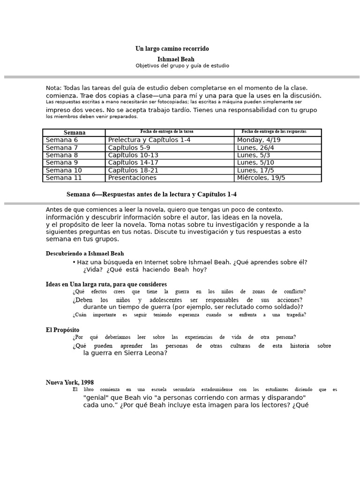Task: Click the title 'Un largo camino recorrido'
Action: [172, 49]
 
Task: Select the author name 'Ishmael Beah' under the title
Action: [176, 60]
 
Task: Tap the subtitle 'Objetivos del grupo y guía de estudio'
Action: [182, 66]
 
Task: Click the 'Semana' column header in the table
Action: [74, 133]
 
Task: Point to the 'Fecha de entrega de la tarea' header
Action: [170, 132]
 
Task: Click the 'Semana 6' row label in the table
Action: [62, 140]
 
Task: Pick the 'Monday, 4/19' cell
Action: [259, 140]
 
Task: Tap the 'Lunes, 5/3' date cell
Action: [254, 155]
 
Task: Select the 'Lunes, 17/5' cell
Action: [255, 170]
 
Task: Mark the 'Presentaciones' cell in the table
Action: [132, 178]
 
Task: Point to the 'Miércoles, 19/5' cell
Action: [261, 178]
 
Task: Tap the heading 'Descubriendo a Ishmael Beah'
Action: [84, 254]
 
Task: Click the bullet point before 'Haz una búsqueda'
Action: [74, 262]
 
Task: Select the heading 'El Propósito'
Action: [62, 330]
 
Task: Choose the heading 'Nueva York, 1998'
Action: [69, 382]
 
